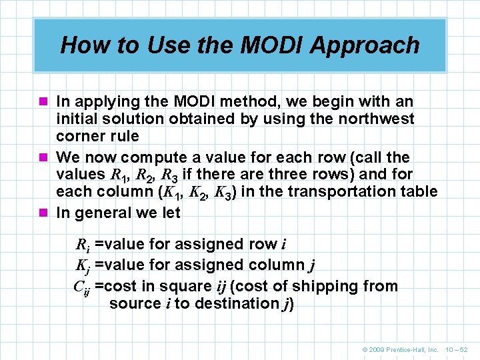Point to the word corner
coord(79,136)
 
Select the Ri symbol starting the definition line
coord(83,245)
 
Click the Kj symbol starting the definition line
coord(83,266)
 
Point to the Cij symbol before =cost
coord(81,287)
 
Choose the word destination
coord(239,303)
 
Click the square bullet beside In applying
coord(45,102)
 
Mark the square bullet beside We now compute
coord(45,158)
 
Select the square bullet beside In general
coord(45,213)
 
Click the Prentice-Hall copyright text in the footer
coord(400,349)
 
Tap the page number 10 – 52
coord(456,349)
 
